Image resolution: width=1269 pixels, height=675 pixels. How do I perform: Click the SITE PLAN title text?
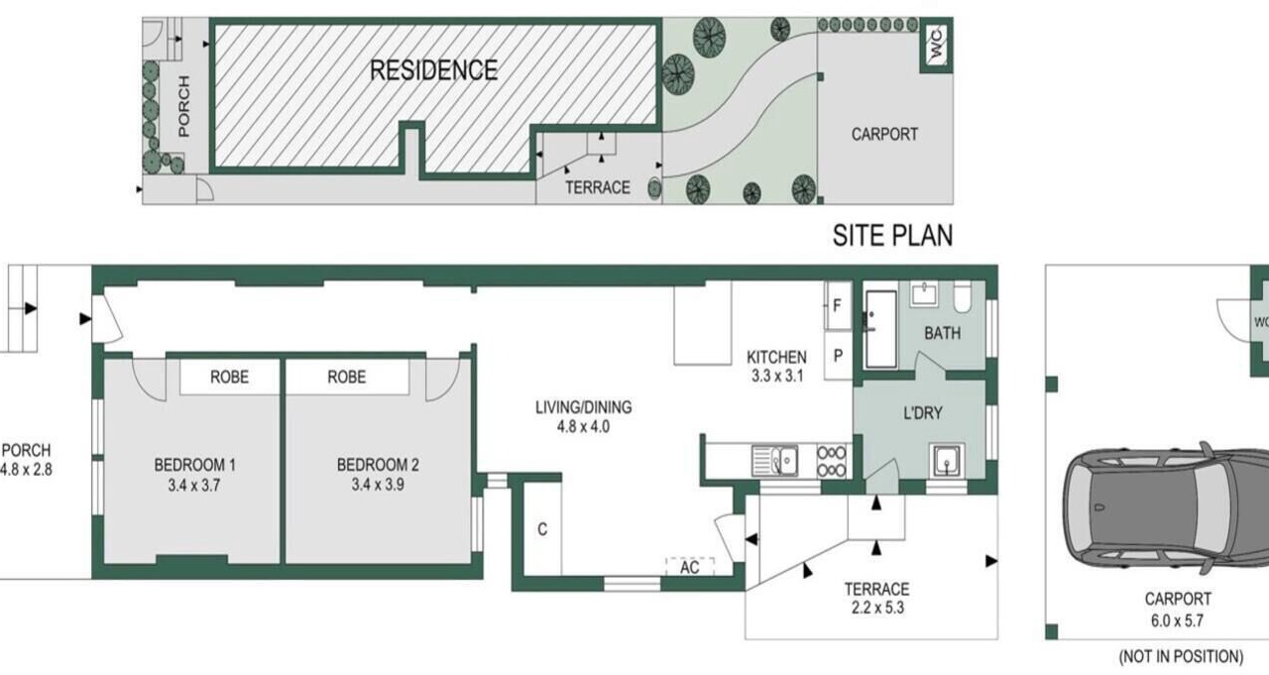coord(892,236)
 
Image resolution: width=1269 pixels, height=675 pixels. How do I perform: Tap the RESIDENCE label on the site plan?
coord(433,70)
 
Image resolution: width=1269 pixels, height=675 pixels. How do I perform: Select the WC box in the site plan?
coord(936,45)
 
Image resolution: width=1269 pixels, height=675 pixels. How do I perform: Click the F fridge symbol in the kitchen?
coord(838,306)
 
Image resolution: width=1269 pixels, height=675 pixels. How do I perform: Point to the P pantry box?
coord(838,356)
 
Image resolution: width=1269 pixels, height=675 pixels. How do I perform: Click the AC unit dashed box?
coord(689,566)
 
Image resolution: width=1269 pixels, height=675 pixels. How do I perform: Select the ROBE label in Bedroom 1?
coord(229,377)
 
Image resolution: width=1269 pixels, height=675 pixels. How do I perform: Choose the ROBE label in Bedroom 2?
coord(347,377)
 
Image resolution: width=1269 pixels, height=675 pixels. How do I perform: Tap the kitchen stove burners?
coord(832,461)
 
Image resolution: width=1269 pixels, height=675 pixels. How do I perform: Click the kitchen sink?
coord(775,460)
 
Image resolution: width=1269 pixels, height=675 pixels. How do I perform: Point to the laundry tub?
coord(947,460)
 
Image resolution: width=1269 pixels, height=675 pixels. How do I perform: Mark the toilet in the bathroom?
coord(963,296)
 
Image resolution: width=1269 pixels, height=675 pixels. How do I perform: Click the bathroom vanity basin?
coord(924,294)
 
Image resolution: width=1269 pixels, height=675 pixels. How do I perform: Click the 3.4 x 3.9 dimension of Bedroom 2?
coord(378,485)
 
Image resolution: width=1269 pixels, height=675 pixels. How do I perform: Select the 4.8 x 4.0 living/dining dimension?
coord(584,426)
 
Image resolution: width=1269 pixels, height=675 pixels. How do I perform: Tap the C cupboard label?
coord(542,529)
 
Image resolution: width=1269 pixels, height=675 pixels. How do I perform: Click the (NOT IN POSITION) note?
coord(1181,657)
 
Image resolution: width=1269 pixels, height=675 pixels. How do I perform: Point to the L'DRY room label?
coord(923,413)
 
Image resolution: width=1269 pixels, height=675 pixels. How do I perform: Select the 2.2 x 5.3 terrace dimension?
coord(877,609)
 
